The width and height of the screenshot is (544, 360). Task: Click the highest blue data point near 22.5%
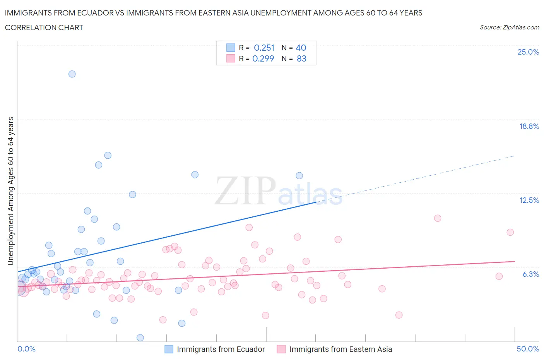click(72, 74)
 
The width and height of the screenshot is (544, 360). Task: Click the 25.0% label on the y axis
click(528, 52)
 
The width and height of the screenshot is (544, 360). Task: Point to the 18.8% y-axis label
click(529, 126)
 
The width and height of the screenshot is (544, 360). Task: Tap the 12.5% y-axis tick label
click(529, 200)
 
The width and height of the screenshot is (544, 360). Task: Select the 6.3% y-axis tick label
click(530, 274)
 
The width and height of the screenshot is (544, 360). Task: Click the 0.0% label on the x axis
click(27, 349)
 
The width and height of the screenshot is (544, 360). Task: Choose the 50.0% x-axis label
click(528, 349)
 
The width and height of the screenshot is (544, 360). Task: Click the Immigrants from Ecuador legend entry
click(221, 349)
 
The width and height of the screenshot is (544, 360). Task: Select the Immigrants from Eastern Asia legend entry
click(340, 349)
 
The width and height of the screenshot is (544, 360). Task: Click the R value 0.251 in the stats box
click(264, 48)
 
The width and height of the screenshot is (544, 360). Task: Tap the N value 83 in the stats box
click(301, 58)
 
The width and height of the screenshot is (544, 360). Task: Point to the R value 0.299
click(263, 58)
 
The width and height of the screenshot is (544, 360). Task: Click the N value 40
click(301, 48)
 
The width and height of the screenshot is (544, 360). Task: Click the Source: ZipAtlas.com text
click(509, 27)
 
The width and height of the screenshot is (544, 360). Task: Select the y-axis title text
click(11, 191)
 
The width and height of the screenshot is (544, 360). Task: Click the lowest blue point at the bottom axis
click(140, 338)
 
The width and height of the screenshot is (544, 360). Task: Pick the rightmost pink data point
click(510, 232)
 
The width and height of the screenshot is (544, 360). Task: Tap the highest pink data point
click(438, 218)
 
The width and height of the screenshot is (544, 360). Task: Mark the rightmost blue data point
click(299, 176)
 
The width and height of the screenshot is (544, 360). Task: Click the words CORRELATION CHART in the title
click(44, 27)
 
